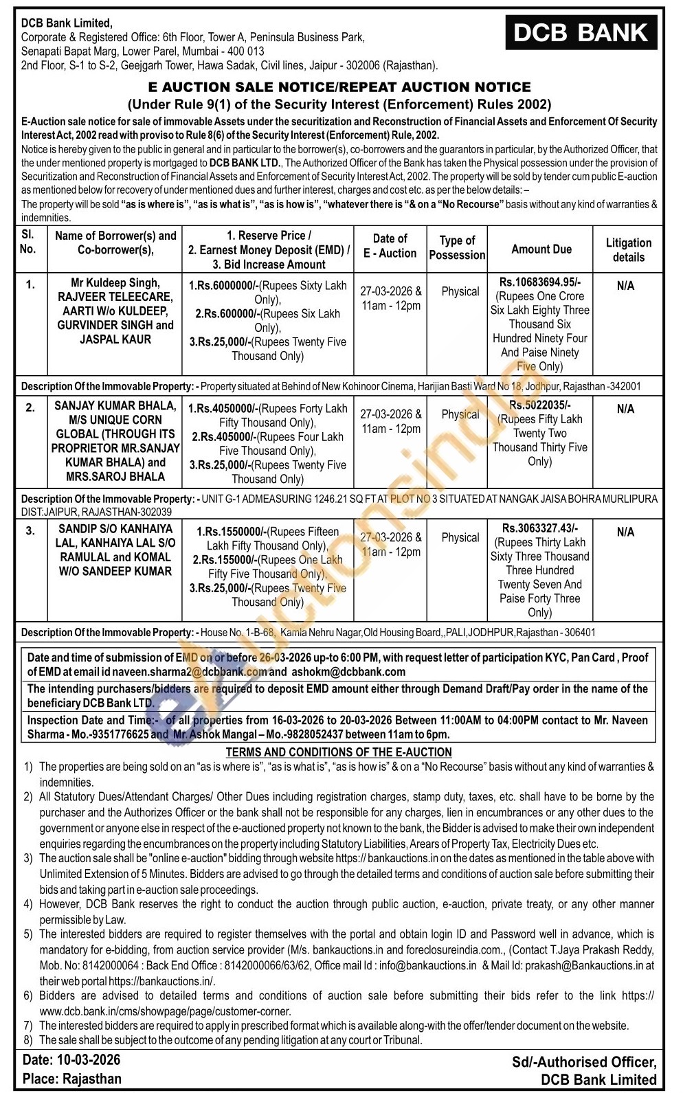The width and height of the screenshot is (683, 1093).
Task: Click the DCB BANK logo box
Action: [x=581, y=33]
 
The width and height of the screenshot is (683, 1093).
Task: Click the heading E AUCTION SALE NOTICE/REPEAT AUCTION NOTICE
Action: [x=339, y=87]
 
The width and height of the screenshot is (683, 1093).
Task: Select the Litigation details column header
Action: [x=628, y=250]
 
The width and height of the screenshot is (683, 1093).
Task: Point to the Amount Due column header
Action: [x=541, y=249]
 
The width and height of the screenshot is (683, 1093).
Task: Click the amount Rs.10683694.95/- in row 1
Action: [x=540, y=282]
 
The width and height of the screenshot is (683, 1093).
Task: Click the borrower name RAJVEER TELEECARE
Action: [x=115, y=297]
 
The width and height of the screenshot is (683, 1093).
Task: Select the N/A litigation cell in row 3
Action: [x=625, y=532]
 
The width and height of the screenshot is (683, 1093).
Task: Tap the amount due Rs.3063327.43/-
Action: [x=540, y=528]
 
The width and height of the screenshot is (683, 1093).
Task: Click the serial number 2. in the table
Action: [x=30, y=408]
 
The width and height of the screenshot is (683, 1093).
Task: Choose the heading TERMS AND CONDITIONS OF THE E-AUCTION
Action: [x=339, y=752]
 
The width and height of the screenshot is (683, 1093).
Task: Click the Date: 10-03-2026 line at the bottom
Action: [x=71, y=1061]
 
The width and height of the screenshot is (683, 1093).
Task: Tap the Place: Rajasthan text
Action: [x=71, y=1079]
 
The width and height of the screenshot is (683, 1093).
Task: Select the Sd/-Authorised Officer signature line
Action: [x=583, y=1062]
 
